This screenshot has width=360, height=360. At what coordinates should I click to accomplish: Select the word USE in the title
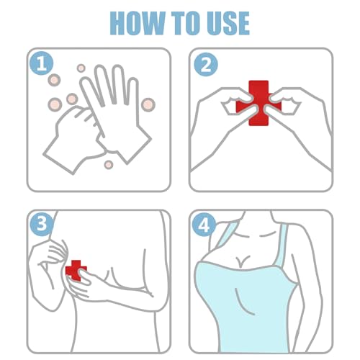pos(231,23)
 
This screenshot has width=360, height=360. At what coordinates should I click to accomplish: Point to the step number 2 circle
pos(205,64)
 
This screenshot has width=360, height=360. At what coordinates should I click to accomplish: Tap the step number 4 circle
pos(205,226)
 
